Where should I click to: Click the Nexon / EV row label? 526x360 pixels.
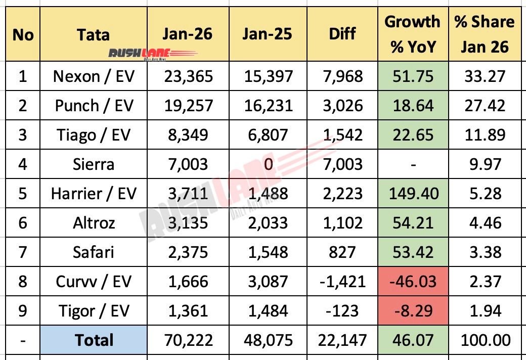(94, 76)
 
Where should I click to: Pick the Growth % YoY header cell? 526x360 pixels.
(412, 34)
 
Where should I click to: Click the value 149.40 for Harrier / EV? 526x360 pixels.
(412, 193)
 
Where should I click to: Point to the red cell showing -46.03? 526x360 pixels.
(412, 281)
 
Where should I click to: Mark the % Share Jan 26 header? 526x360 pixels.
(484, 34)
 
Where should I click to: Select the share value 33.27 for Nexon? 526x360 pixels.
(484, 76)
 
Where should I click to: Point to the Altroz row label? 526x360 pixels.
(94, 223)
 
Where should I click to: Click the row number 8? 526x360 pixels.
(23, 282)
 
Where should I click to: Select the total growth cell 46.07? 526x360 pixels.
(412, 340)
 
